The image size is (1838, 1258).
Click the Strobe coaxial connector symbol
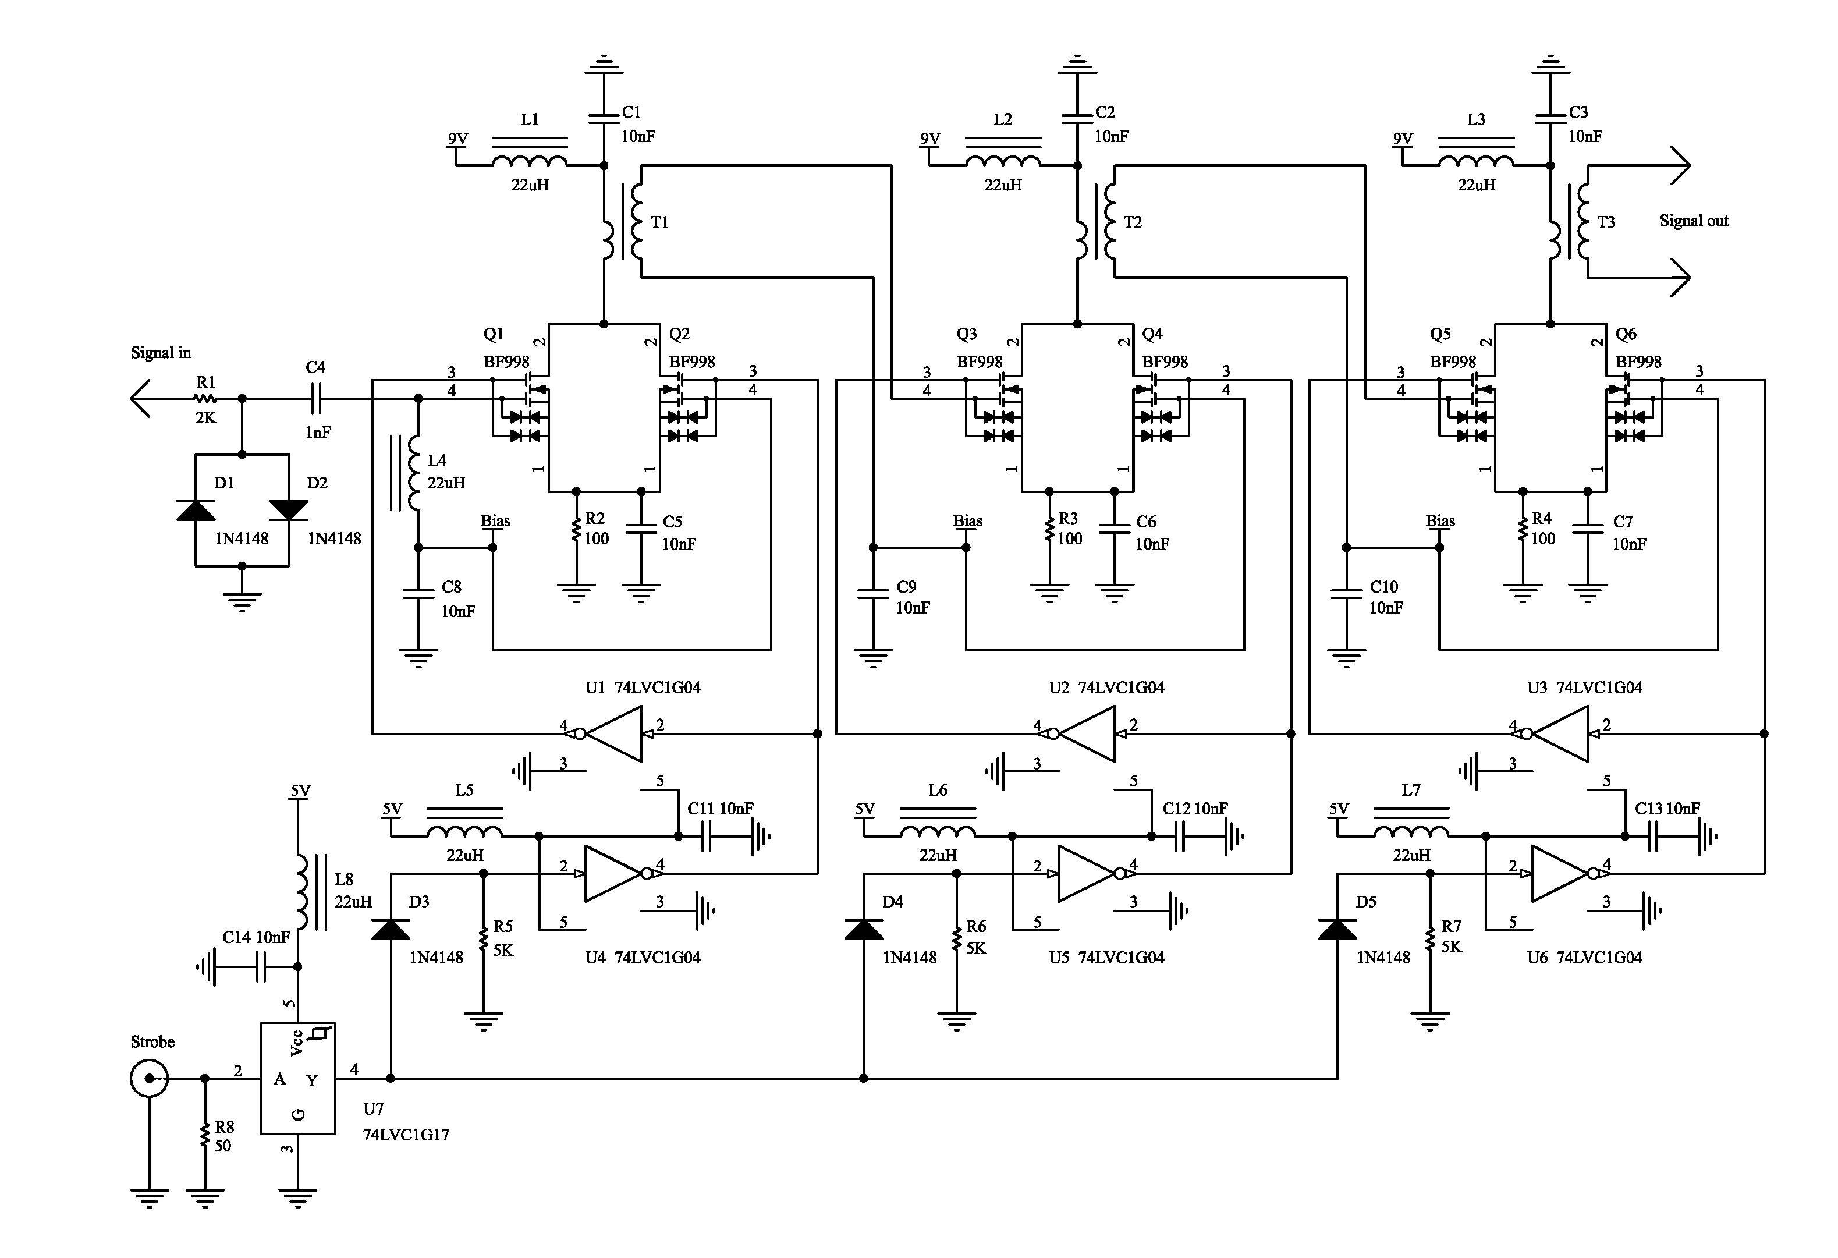[148, 1078]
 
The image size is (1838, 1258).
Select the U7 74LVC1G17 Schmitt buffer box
[298, 1078]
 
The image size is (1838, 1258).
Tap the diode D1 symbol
[196, 511]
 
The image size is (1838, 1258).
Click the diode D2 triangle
[289, 511]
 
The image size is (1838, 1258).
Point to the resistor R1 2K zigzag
[205, 399]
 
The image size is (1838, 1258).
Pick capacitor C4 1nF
[315, 399]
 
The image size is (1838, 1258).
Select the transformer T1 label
[659, 222]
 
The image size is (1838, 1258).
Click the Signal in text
[161, 353]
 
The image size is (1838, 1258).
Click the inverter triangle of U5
[1086, 873]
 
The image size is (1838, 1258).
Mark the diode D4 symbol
[864, 930]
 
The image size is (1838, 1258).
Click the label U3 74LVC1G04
[1584, 688]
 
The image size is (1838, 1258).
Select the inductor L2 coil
[1003, 161]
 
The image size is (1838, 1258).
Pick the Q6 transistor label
[1626, 335]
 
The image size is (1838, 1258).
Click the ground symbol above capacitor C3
[1550, 64]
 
